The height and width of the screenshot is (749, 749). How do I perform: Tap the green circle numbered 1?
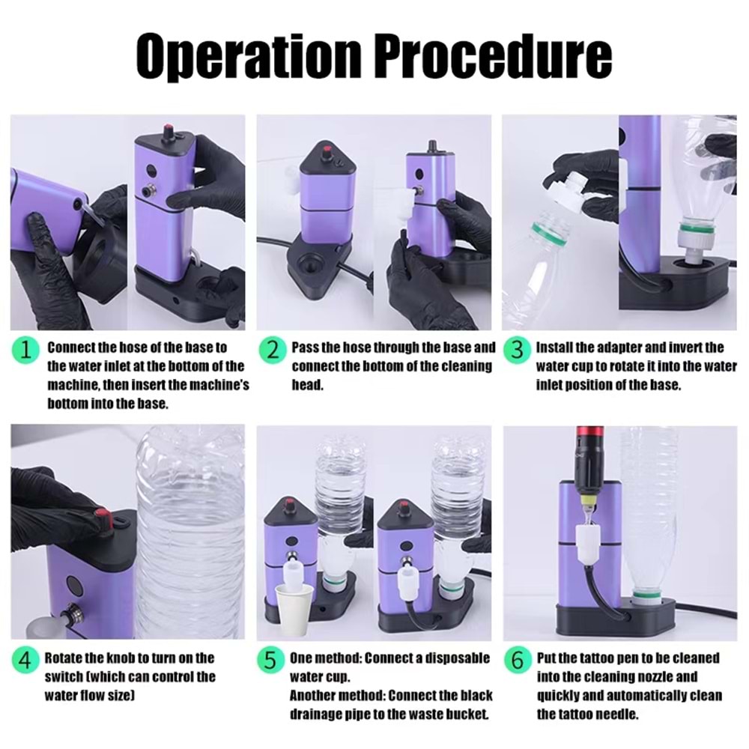pos(25,351)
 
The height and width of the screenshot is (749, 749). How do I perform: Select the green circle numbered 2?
pos(273,351)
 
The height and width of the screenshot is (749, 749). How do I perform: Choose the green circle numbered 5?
pos(271,661)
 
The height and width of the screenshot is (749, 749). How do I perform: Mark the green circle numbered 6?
pos(518,661)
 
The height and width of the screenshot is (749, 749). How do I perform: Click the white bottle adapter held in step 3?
pos(566,190)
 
